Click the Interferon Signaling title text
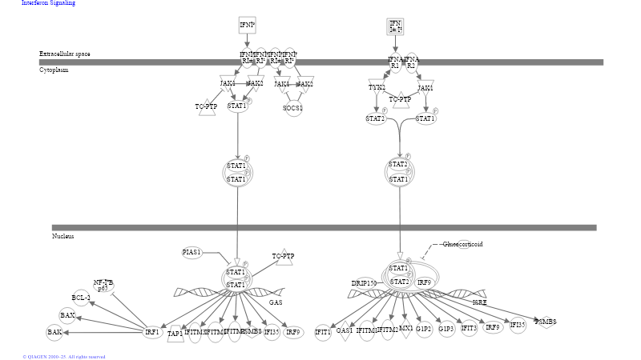[49, 3]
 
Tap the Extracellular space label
[65, 54]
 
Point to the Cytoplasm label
[54, 70]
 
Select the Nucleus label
[63, 236]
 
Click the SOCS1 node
[293, 108]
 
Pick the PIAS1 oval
[191, 252]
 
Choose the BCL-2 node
[81, 298]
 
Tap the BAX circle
[67, 315]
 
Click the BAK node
[54, 331]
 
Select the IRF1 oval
[152, 331]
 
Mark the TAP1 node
[175, 333]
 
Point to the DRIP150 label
[364, 282]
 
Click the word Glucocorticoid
[463, 244]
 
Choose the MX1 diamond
[406, 329]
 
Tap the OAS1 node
[345, 330]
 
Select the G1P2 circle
[424, 329]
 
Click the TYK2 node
[377, 87]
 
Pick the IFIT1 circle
[323, 331]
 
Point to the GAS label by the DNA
[276, 302]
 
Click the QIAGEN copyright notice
[64, 357]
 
